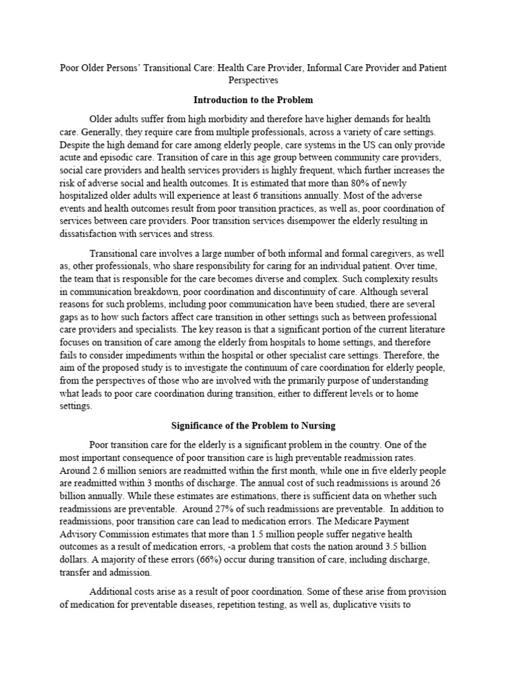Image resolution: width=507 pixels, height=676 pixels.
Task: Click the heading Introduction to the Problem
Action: point(253,100)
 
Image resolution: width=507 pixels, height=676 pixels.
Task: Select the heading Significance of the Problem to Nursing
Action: point(253,426)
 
